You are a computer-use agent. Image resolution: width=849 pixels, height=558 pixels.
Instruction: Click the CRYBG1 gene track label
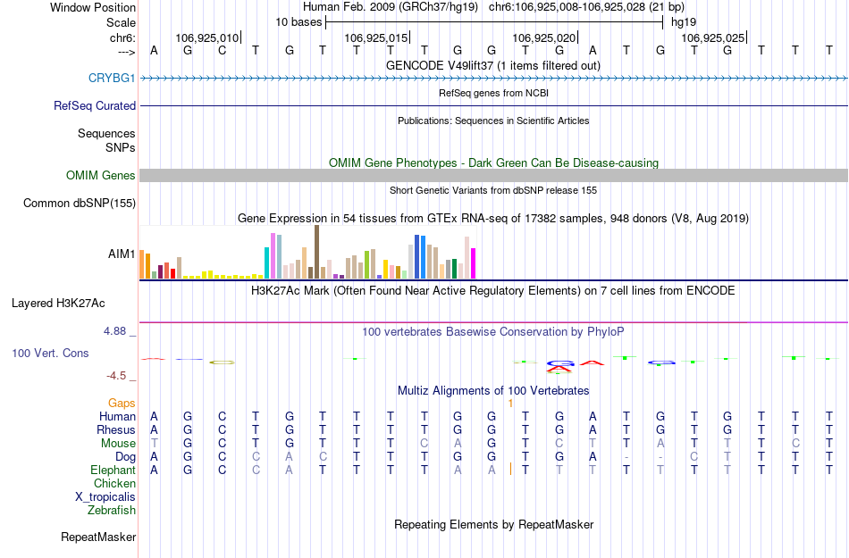(112, 79)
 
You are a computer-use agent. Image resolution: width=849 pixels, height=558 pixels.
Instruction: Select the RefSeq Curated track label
(95, 105)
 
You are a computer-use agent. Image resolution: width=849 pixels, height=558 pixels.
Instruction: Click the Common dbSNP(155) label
(79, 204)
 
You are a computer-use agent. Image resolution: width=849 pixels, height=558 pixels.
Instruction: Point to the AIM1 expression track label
(122, 254)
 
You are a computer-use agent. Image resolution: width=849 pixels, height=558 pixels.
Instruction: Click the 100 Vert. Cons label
(50, 354)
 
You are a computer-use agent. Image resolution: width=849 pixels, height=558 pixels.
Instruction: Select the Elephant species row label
(113, 470)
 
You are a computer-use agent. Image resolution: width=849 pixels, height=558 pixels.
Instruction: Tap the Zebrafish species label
(112, 511)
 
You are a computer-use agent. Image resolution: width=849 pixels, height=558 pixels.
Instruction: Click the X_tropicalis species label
(105, 497)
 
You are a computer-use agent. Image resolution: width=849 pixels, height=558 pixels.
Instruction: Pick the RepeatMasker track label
(98, 537)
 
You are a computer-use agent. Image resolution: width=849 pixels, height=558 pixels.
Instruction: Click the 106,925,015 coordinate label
(375, 38)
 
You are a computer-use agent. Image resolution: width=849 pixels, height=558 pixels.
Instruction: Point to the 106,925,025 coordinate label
(712, 38)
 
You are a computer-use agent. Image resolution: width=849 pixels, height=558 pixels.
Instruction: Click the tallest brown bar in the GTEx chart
(316, 252)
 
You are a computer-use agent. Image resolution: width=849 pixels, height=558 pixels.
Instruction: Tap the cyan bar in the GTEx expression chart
(267, 262)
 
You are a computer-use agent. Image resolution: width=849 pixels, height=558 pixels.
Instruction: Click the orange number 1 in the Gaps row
(510, 404)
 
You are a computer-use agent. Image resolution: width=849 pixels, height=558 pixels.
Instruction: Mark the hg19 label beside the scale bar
(684, 21)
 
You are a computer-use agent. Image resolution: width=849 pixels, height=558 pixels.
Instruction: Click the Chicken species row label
(114, 484)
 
